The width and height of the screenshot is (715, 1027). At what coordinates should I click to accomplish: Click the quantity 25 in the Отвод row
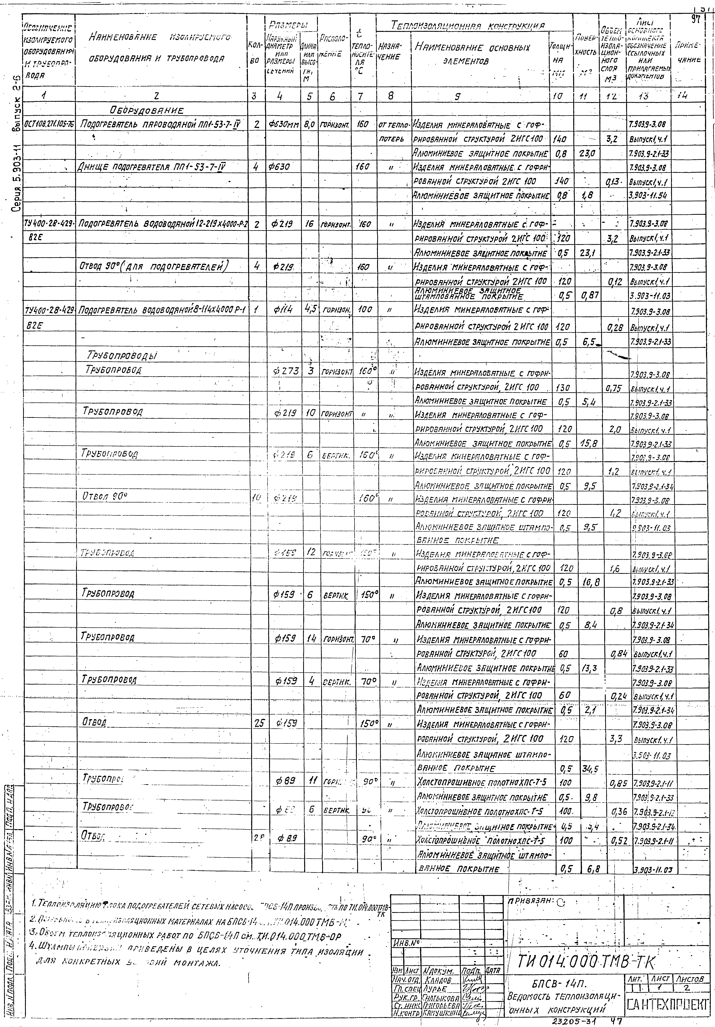(x=259, y=723)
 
